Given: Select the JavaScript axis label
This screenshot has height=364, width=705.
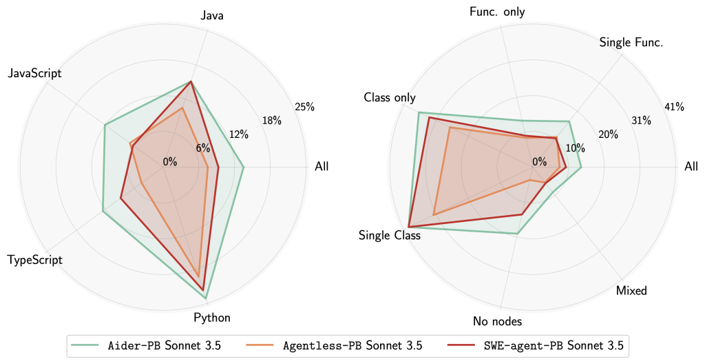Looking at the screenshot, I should point(34,73).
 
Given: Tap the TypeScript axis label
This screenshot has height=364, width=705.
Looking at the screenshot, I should point(34,260).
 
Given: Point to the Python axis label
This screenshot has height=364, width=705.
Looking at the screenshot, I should point(212,318).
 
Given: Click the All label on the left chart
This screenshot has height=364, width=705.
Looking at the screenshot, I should point(322,166).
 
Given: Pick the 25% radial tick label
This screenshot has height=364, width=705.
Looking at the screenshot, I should point(304,107).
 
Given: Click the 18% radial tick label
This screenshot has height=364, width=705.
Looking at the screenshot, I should point(272,121).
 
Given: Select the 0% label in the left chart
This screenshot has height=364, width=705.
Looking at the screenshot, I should point(169,162).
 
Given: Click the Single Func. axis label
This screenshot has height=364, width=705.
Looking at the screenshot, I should point(631,43).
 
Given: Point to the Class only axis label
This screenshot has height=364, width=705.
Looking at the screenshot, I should point(390,98).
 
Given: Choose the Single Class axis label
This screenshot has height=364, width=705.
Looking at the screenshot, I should point(390,235).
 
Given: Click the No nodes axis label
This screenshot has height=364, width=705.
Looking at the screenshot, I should point(497,321).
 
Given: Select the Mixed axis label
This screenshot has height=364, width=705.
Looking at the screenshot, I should point(632,290).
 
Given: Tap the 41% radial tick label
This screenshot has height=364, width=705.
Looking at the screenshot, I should point(674,107).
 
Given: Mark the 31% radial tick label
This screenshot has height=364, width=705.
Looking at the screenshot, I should point(641,121).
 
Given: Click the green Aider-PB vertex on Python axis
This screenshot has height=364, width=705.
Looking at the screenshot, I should point(206,298).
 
